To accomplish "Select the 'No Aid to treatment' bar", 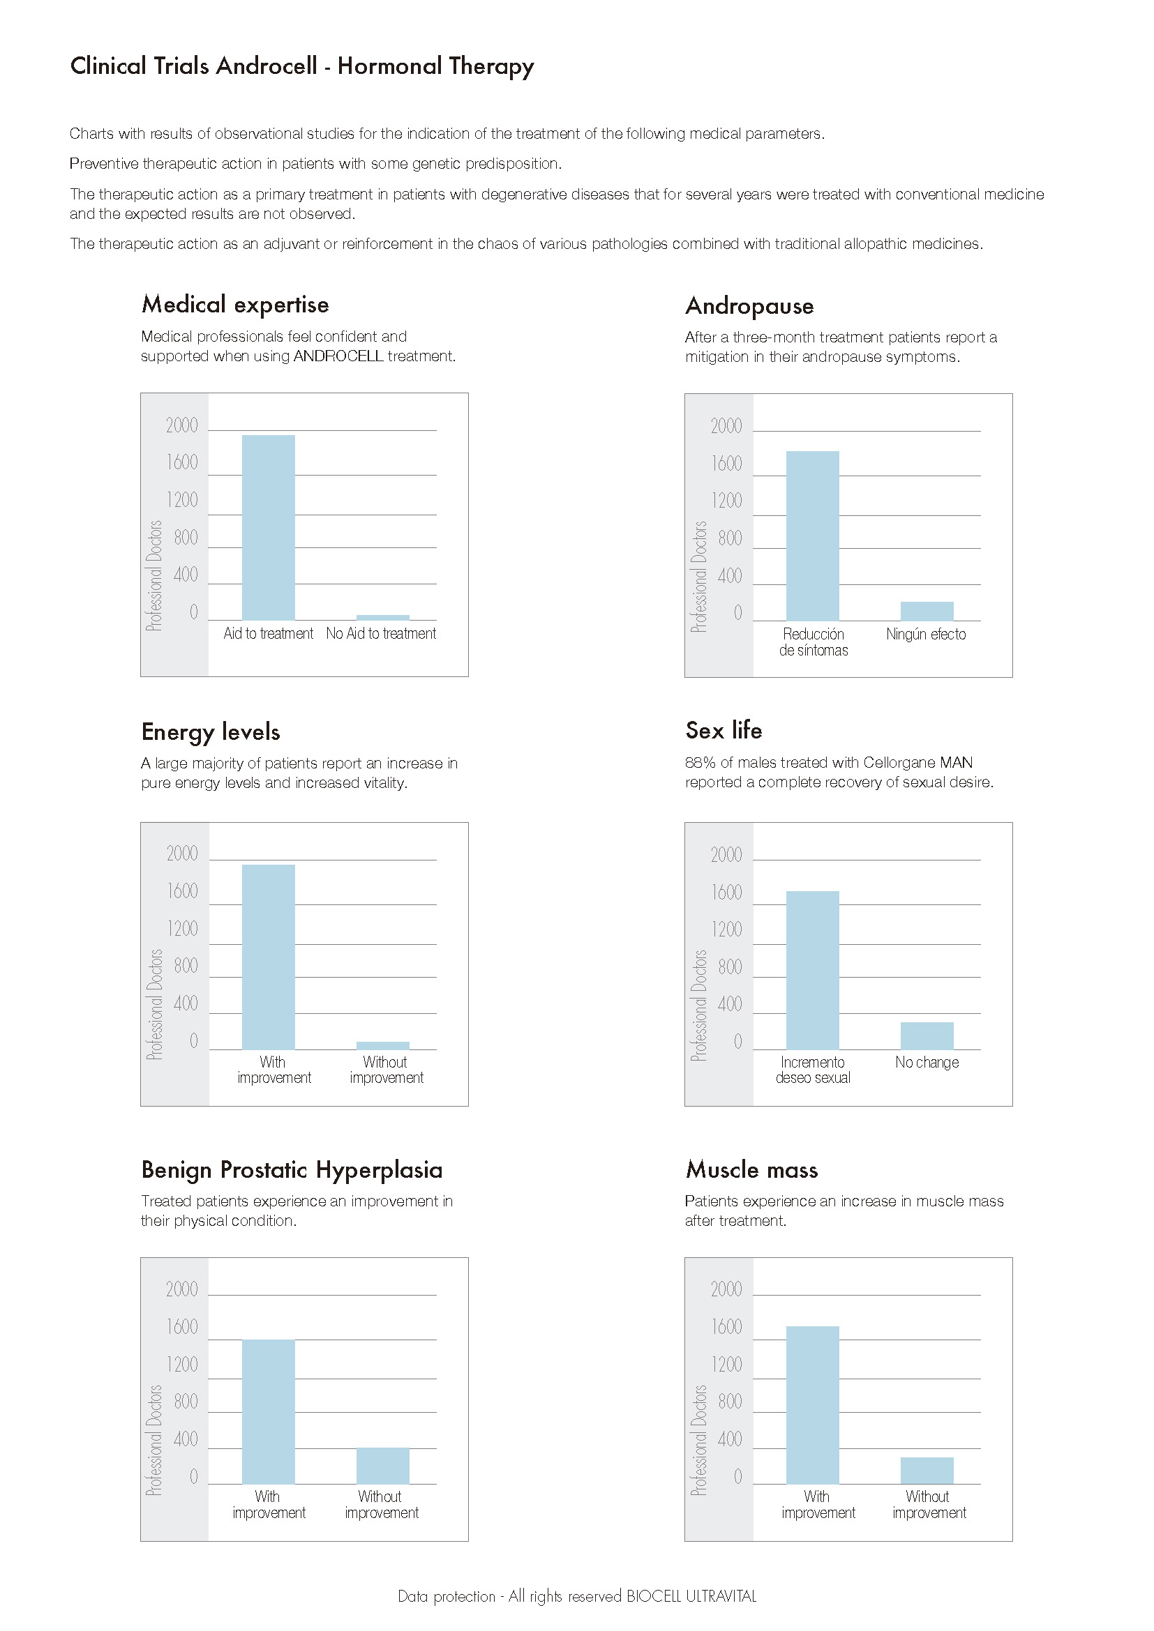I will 382,617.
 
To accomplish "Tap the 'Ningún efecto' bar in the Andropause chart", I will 927,611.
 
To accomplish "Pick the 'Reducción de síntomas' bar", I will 812,536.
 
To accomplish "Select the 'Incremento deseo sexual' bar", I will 812,970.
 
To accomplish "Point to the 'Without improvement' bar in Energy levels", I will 382,1045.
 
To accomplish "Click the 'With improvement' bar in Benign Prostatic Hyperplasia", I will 268,1411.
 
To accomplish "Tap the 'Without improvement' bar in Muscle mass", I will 927,1471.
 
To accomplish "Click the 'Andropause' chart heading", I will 749,306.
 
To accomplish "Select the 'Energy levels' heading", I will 210,731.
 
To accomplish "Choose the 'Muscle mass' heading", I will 751,1169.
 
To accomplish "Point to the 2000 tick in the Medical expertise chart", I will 182,425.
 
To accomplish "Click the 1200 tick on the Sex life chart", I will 726,929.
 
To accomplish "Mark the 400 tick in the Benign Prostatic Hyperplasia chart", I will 186,1439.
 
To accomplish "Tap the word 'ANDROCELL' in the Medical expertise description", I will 338,356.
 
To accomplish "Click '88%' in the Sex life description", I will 700,762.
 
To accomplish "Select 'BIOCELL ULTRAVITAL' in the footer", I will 691,1596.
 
